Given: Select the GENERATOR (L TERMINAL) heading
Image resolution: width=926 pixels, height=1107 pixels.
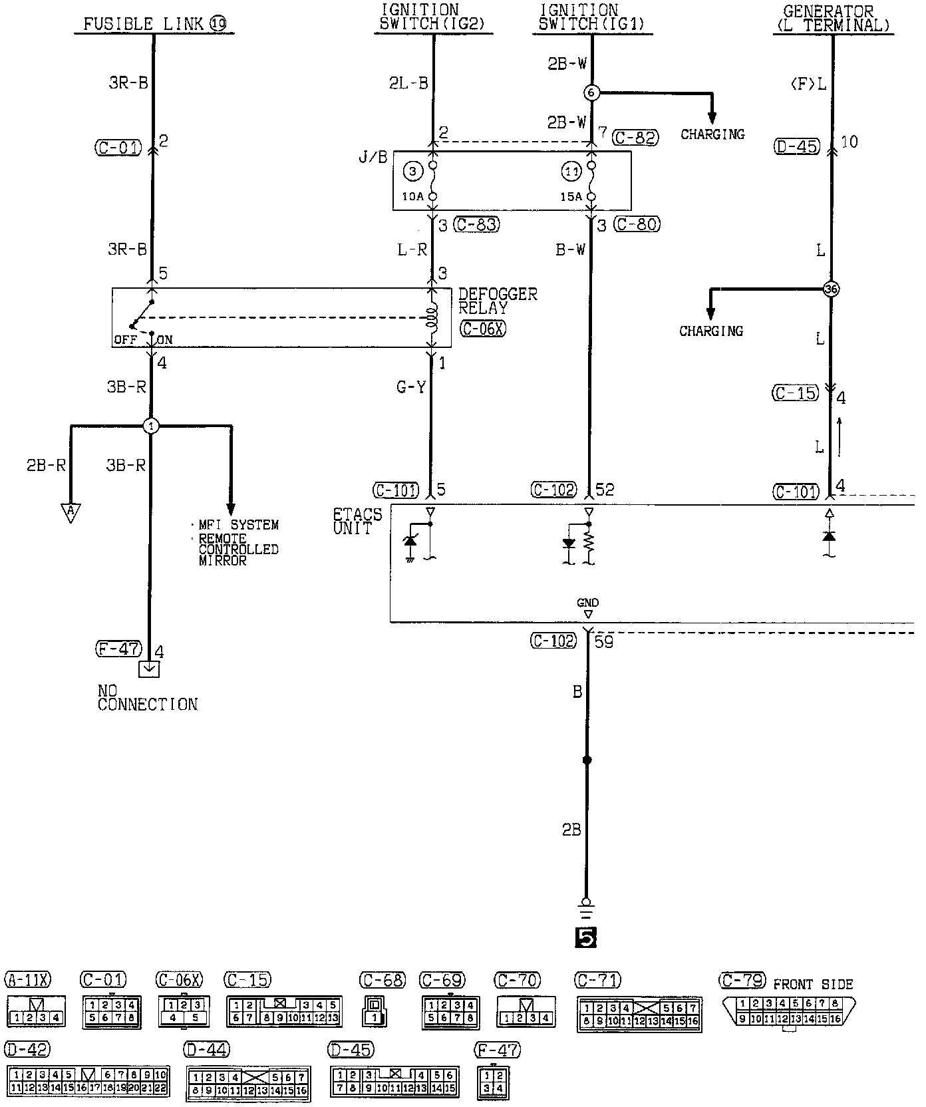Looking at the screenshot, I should pyautogui.click(x=832, y=19).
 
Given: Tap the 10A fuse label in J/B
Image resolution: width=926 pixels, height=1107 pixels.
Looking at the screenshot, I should pyautogui.click(x=412, y=196).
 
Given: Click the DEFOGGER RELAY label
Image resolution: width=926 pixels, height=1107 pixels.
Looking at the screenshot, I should pyautogui.click(x=497, y=301).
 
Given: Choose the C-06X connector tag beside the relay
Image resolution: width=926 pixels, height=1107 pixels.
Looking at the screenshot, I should pyautogui.click(x=482, y=328).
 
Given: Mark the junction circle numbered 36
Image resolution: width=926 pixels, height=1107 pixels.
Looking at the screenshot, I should pyautogui.click(x=831, y=289).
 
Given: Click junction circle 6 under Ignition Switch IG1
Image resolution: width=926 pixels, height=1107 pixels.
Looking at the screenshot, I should pyautogui.click(x=591, y=92).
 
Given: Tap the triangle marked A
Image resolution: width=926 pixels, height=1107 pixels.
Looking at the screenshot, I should pyautogui.click(x=70, y=512).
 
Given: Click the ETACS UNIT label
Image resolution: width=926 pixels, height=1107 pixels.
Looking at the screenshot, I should pyautogui.click(x=357, y=521).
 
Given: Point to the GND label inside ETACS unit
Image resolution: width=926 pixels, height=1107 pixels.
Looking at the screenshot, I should pyautogui.click(x=587, y=603).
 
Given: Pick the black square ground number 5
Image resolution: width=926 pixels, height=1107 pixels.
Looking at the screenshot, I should pyautogui.click(x=585, y=937).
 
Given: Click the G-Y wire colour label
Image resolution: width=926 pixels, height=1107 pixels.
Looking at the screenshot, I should pyautogui.click(x=411, y=387).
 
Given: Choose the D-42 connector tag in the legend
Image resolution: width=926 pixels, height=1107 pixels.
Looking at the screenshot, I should pyautogui.click(x=27, y=1050).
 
